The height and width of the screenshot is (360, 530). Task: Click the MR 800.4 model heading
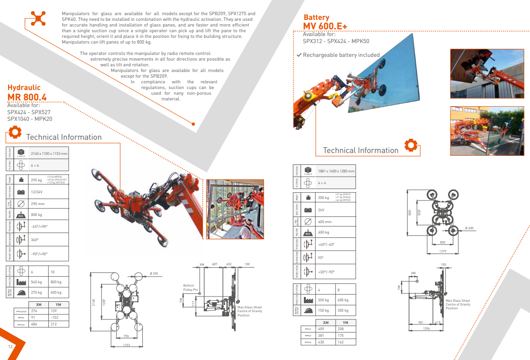(x=27, y=97)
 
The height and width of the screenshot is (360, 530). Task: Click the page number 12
(x=10, y=346)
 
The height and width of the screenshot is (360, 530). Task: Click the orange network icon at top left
(x=37, y=18)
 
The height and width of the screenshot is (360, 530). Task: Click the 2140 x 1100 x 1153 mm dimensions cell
(x=49, y=153)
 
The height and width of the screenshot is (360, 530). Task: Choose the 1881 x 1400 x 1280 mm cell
(x=336, y=171)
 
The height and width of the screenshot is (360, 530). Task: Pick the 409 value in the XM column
(x=321, y=328)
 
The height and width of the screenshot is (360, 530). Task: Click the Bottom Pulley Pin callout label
(x=189, y=287)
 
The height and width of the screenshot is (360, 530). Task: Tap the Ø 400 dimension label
(x=469, y=228)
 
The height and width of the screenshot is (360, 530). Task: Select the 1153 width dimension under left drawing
(x=126, y=345)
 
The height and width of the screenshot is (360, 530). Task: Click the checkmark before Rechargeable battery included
(x=299, y=55)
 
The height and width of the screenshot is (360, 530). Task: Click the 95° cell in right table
(x=321, y=258)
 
